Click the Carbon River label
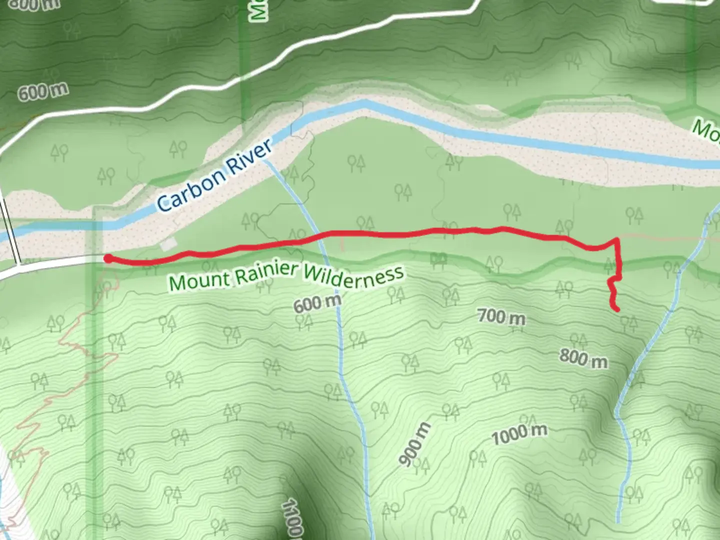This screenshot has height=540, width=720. tap(215, 174)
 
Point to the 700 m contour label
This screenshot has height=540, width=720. tap(501, 316)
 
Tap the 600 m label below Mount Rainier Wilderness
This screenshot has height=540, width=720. tap(317, 303)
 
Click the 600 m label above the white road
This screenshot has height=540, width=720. tap(43, 91)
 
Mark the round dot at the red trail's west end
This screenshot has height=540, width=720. tap(107, 258)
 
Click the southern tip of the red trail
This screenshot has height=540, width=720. tap(617, 309)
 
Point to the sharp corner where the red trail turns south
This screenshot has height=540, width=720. tap(618, 240)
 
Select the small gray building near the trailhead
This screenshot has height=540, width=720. tap(169, 244)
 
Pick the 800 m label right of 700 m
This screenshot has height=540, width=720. tap(583, 358)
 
